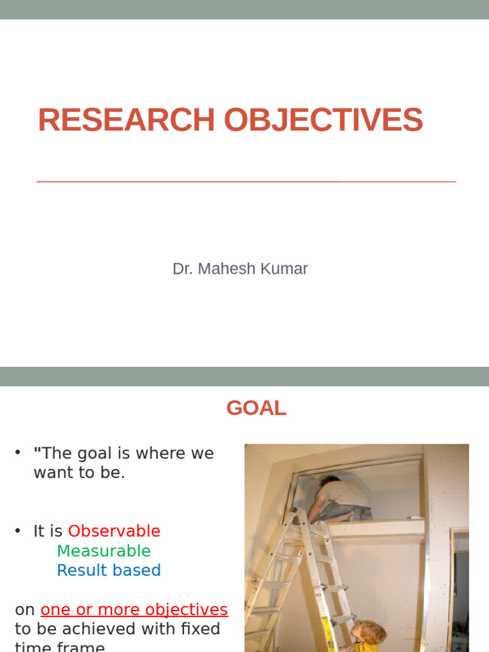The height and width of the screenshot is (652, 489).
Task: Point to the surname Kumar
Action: click(283, 269)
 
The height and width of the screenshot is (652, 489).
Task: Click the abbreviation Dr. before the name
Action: click(183, 269)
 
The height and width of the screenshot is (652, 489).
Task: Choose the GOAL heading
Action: click(256, 408)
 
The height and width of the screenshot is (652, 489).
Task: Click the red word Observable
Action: click(114, 531)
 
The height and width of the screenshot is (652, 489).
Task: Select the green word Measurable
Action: click(104, 551)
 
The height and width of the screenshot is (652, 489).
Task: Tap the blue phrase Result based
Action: click(109, 570)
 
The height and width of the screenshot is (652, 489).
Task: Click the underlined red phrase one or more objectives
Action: click(134, 609)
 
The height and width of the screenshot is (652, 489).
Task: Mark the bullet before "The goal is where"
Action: click(18, 453)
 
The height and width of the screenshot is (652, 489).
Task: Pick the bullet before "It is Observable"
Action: click(18, 531)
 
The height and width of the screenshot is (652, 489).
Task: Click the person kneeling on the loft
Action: click(341, 497)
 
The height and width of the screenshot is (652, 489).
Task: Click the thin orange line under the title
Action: click(246, 181)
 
